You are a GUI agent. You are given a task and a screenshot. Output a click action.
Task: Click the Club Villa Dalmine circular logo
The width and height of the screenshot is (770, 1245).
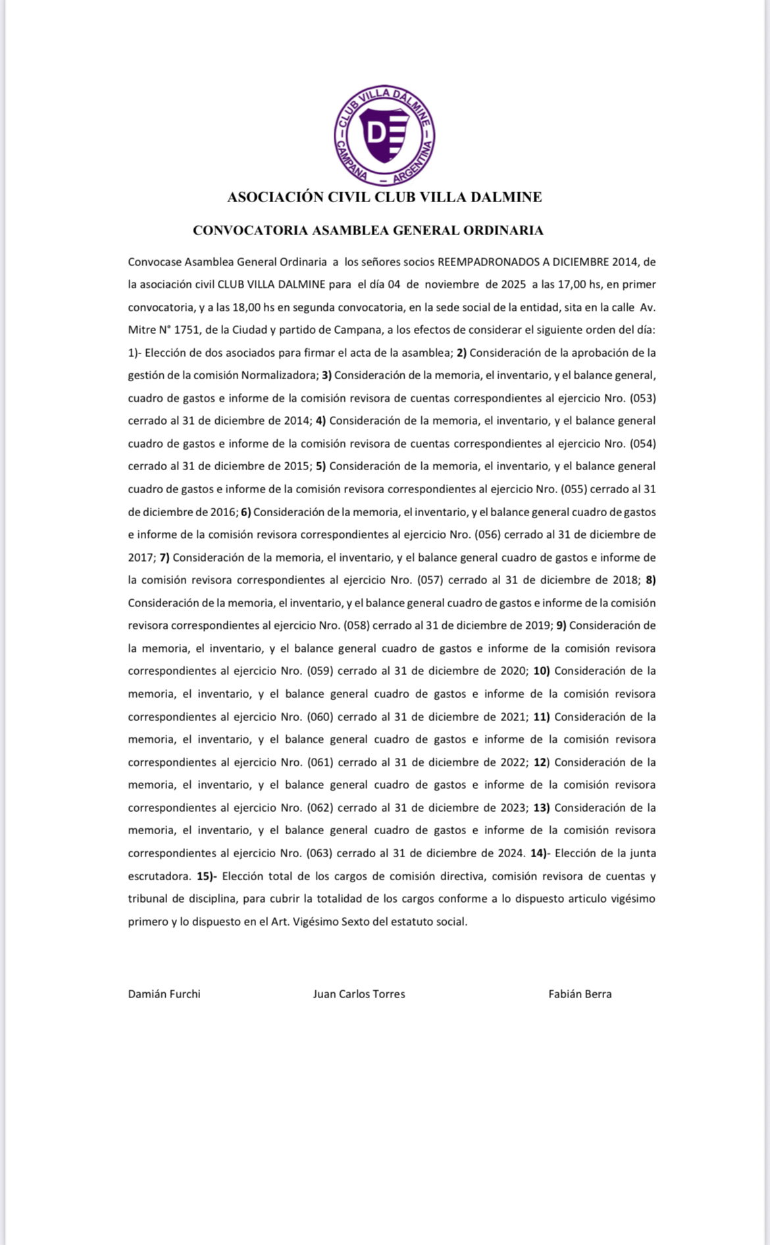click(384, 135)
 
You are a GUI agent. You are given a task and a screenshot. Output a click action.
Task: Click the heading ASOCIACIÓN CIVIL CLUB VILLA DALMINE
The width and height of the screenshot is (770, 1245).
click(384, 197)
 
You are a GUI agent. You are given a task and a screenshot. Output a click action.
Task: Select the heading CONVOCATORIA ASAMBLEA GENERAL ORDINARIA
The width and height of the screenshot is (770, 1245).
click(368, 230)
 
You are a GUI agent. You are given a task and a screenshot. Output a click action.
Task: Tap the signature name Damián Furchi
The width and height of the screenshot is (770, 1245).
click(164, 994)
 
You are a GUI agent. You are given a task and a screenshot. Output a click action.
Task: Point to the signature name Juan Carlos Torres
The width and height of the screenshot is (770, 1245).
click(359, 994)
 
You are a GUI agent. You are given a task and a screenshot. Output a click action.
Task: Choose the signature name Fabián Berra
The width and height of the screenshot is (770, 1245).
click(580, 994)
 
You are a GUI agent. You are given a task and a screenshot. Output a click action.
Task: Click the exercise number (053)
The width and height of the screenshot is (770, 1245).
click(643, 398)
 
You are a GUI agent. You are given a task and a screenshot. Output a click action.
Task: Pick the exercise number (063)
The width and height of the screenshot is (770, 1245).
click(320, 853)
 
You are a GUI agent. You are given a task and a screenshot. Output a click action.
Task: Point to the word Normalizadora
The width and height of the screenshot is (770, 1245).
click(280, 375)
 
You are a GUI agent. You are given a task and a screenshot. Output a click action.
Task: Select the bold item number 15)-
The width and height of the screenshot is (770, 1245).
click(207, 876)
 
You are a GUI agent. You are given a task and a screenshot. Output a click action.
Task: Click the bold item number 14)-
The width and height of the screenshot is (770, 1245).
click(539, 853)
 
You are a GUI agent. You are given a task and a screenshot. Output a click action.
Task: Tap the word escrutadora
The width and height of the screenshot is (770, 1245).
click(159, 876)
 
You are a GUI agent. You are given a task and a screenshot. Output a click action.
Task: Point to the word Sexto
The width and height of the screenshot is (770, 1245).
click(355, 922)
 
